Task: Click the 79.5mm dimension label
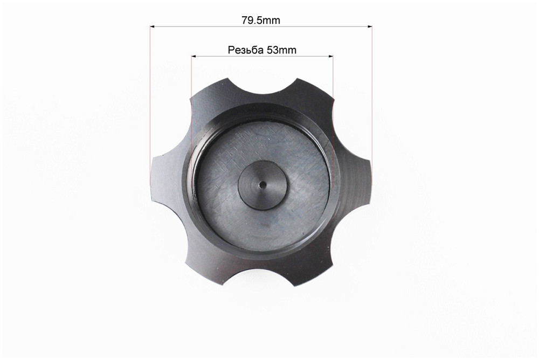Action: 261,20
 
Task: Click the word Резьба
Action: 246,50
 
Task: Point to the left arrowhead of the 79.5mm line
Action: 153,26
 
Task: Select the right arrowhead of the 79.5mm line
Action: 370,26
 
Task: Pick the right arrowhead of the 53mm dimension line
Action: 331,56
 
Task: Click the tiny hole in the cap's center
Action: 262,185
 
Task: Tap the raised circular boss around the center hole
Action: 263,185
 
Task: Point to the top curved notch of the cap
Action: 262,87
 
